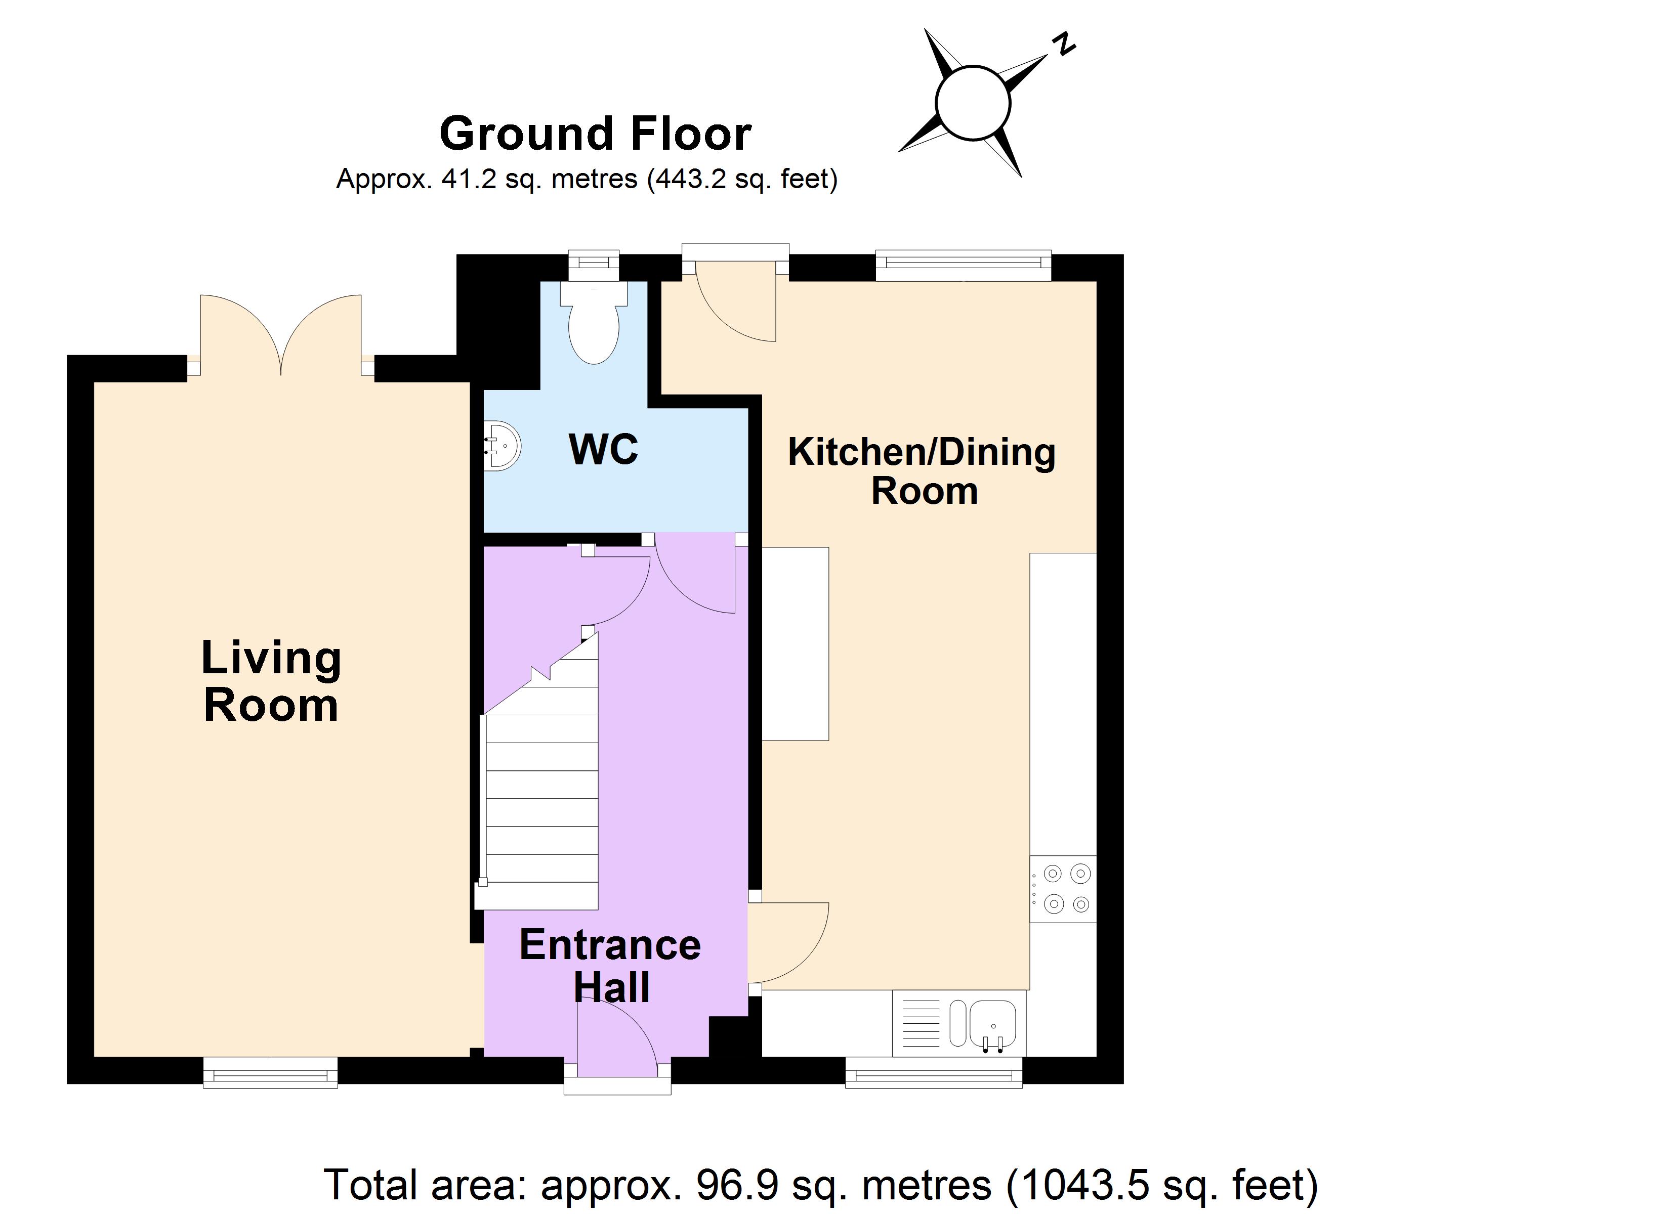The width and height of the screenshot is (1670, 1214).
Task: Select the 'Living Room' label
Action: click(271, 681)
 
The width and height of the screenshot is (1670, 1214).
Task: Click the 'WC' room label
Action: click(603, 449)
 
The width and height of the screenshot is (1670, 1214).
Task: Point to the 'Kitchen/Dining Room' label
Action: click(922, 471)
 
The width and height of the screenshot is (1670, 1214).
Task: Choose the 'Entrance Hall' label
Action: click(610, 966)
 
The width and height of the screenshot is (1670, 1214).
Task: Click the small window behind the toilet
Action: click(594, 265)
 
